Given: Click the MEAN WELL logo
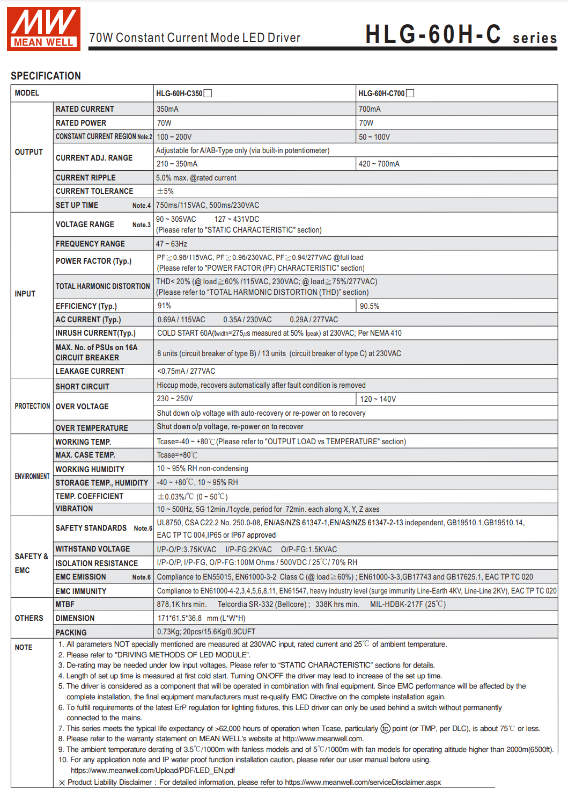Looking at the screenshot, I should [43, 29].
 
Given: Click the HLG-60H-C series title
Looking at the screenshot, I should [461, 35].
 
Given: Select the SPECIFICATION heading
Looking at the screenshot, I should [46, 76].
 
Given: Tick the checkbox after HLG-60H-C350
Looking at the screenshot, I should [208, 93].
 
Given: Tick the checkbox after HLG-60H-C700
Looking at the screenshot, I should [410, 93].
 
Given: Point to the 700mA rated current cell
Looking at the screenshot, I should [370, 109].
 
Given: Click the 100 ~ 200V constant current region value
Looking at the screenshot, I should [174, 137].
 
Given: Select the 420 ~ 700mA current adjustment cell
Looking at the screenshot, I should [379, 164].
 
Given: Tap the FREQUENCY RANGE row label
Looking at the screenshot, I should [90, 244].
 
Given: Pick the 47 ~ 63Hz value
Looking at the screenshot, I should [172, 244].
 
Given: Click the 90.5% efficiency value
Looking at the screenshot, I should [370, 306].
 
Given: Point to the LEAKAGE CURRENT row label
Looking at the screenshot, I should [90, 371].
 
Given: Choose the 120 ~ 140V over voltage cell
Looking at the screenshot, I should [378, 399].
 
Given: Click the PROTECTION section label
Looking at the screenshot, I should [32, 406].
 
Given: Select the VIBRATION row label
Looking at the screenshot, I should [74, 509].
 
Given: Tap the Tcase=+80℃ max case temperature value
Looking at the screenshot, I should [177, 455].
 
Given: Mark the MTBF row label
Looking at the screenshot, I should [65, 604].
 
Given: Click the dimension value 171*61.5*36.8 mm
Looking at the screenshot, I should [201, 618].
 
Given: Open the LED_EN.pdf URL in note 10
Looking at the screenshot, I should [153, 770].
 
